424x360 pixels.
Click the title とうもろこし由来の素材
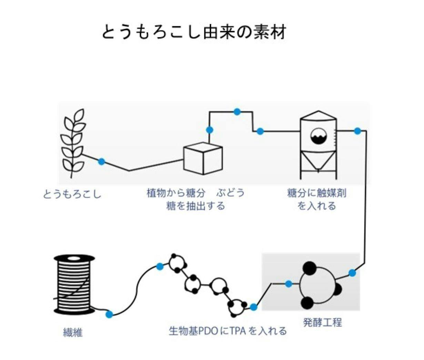click(194, 32)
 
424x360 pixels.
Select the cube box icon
click(202, 158)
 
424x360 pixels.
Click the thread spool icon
click(74, 284)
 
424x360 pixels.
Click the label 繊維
click(73, 332)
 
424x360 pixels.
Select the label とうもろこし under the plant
click(72, 194)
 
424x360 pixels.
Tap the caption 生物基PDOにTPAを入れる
click(228, 331)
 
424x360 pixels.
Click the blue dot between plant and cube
click(101, 161)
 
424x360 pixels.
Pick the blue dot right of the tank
click(357, 131)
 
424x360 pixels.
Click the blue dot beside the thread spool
click(109, 314)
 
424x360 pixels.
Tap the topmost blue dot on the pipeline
click(237, 112)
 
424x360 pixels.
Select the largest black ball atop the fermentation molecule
click(309, 267)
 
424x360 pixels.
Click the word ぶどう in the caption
click(231, 192)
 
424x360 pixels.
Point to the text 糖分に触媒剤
click(317, 192)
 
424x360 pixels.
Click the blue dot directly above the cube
click(209, 130)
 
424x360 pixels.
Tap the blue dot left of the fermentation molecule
click(289, 284)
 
